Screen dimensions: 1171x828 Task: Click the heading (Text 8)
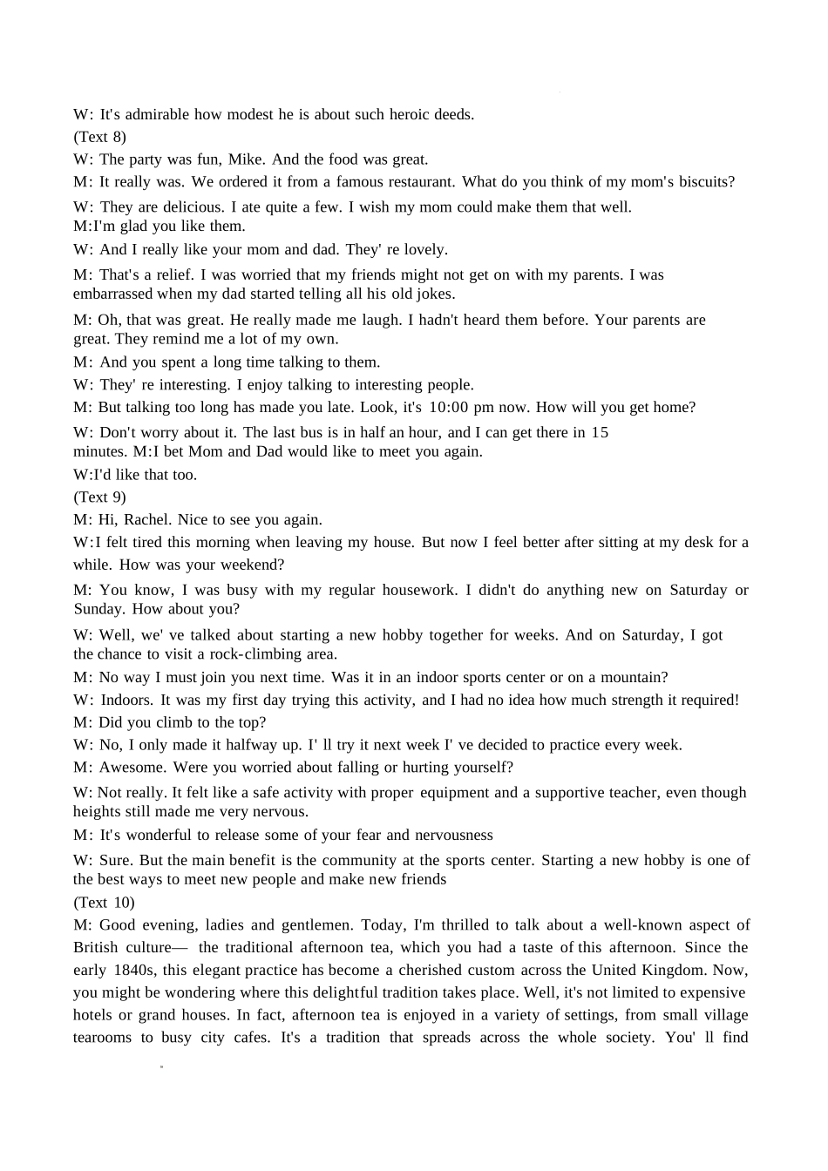(x=99, y=137)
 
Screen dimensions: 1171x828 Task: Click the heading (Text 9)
(x=99, y=498)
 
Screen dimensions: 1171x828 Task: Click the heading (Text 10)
(x=104, y=903)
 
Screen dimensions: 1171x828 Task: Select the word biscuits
(x=702, y=182)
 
